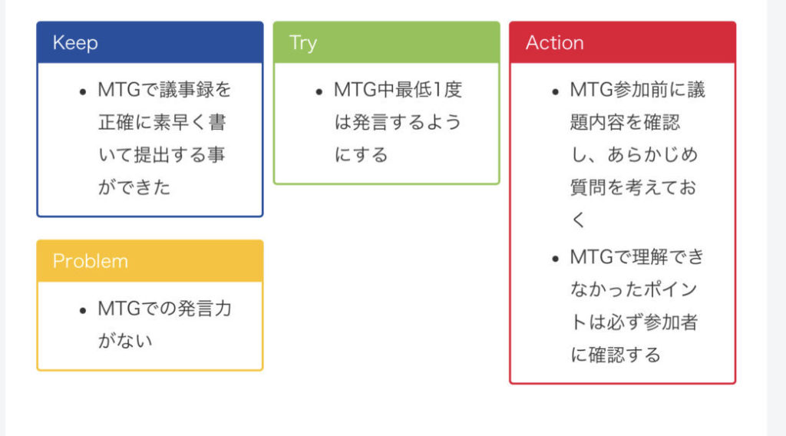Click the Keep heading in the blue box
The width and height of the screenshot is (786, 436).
pyautogui.click(x=75, y=43)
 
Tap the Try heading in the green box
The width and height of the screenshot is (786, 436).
pyautogui.click(x=302, y=43)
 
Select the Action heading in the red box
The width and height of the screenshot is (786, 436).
pyautogui.click(x=554, y=43)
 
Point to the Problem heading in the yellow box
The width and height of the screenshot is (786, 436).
pyautogui.click(x=90, y=261)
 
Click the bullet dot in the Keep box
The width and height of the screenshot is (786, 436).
pyautogui.click(x=82, y=91)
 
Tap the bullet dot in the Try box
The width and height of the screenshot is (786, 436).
pyautogui.click(x=319, y=91)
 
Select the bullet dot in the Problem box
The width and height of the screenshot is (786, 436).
pyautogui.click(x=82, y=310)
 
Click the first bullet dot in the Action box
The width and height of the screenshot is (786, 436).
pyautogui.click(x=555, y=91)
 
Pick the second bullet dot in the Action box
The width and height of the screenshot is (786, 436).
pyautogui.click(x=555, y=259)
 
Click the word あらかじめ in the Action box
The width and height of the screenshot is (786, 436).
pyautogui.click(x=652, y=155)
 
